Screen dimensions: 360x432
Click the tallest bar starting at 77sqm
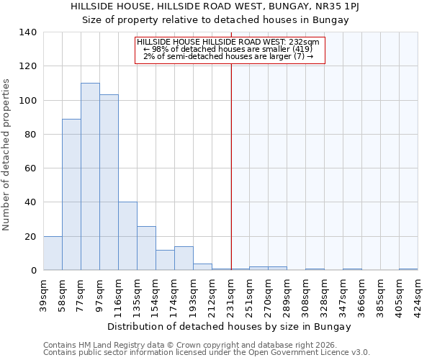90,176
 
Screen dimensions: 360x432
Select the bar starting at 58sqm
71,194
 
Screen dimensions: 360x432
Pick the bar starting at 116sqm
127,236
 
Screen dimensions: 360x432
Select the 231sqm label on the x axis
231,295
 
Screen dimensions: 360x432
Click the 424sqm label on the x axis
418,295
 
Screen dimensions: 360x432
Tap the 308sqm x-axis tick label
306,295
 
